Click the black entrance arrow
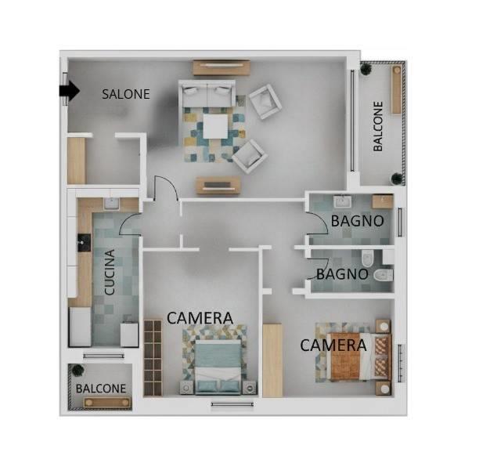click(x=70, y=91)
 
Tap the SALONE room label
click(x=126, y=94)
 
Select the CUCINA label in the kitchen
click(x=110, y=272)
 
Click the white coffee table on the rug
click(x=215, y=126)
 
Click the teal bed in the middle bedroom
click(x=218, y=366)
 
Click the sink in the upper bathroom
click(x=343, y=202)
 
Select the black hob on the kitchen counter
click(x=84, y=243)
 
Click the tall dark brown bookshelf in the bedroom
click(x=153, y=357)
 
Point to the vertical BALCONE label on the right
click(x=378, y=126)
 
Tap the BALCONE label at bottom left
click(x=101, y=389)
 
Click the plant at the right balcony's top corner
click(x=366, y=68)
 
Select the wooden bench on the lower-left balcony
click(x=107, y=402)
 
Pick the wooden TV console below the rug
click(x=218, y=186)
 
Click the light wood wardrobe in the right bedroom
click(x=272, y=360)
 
